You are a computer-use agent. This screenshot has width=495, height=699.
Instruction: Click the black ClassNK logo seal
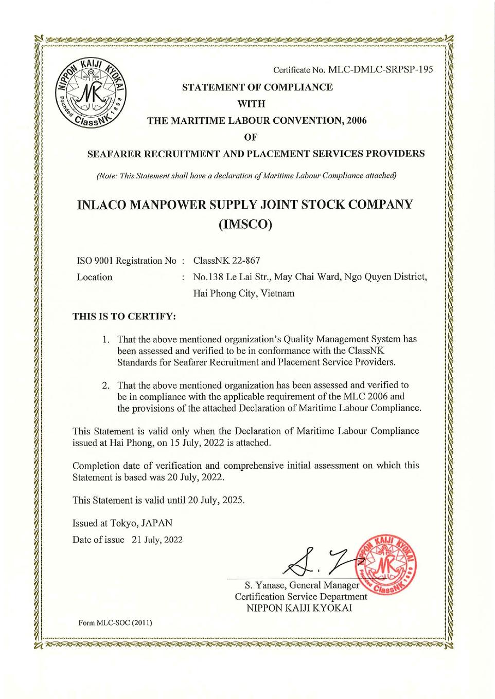point(90,93)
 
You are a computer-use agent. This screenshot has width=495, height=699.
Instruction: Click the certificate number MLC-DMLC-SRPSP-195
point(380,70)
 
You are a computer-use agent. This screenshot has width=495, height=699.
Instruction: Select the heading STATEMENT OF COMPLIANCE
point(257,87)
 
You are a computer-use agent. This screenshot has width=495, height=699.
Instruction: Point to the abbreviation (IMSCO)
point(245,225)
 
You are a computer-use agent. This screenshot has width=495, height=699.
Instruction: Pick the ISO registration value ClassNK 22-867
point(226,260)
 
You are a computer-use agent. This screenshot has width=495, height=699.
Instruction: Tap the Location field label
point(94,277)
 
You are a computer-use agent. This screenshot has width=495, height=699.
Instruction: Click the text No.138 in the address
point(208,277)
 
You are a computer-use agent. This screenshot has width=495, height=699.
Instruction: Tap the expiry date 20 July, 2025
point(216,500)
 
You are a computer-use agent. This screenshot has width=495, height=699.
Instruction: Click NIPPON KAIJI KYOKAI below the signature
point(299,608)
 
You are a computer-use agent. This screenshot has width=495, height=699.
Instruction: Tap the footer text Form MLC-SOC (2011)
point(115,623)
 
